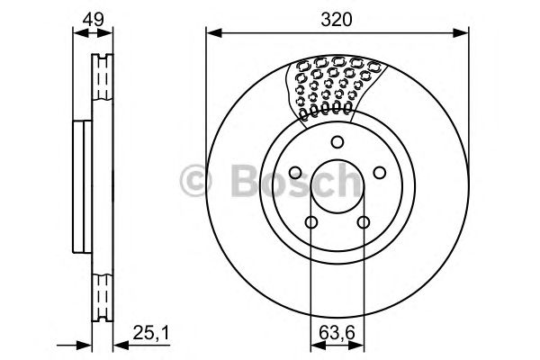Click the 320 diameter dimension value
(337, 19)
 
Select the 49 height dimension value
(93, 19)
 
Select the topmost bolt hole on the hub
(337, 141)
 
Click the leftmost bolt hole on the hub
(295, 172)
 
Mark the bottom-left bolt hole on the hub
(310, 222)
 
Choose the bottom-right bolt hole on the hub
(363, 222)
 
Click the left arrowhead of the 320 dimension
(211, 34)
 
